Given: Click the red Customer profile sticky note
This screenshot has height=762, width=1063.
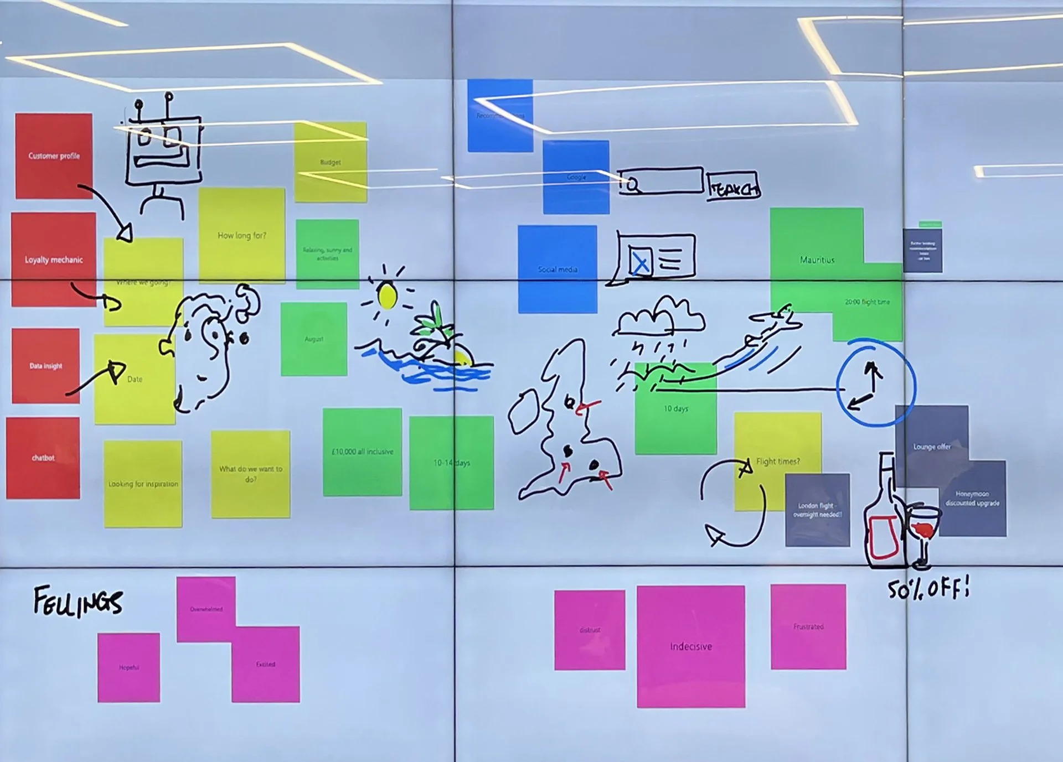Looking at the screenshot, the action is tap(54, 156).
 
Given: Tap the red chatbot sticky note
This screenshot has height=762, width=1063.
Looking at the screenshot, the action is tap(43, 458).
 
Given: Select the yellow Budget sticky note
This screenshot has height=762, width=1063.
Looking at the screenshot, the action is tap(331, 162).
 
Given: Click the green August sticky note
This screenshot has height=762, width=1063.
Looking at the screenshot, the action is tap(314, 339).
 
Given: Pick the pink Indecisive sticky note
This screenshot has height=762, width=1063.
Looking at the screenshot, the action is tap(690, 646).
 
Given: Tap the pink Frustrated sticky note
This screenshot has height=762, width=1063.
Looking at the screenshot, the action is tap(808, 626).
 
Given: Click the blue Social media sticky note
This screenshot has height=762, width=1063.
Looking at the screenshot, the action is tap(558, 269).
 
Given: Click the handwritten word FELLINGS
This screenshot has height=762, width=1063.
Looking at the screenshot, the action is tap(78, 602).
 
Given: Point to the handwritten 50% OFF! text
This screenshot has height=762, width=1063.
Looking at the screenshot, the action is tap(928, 589).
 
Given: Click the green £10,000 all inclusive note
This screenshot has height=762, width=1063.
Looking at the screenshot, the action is tap(362, 452).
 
